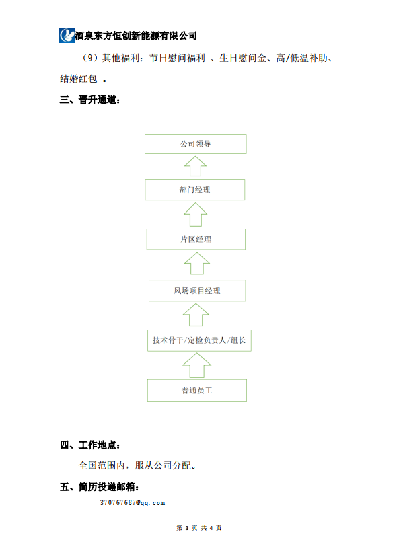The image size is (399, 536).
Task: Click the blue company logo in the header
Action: tap(67, 35)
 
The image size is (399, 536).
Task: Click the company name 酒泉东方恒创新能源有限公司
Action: tap(136, 36)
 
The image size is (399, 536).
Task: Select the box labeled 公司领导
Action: tap(196, 144)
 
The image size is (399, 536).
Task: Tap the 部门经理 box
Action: tap(195, 190)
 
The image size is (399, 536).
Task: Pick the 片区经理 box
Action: tap(196, 239)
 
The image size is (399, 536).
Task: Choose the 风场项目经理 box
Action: tap(197, 291)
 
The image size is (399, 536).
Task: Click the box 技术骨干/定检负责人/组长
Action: tap(199, 340)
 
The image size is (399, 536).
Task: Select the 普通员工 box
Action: tap(197, 391)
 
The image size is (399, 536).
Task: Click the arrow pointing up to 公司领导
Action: tap(195, 167)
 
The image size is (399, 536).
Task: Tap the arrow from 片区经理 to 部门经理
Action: tap(196, 215)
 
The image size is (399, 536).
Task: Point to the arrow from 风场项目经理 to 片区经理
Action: tap(197, 264)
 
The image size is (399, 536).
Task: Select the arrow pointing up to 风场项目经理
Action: tap(196, 315)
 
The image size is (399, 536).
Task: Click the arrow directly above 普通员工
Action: tap(197, 366)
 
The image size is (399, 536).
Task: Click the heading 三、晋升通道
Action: tap(90, 100)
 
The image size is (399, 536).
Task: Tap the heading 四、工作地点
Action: tap(90, 445)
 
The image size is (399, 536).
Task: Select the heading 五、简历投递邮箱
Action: tap(100, 486)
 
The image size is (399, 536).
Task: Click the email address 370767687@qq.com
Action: tap(133, 503)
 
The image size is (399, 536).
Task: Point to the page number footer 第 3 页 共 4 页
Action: tap(199, 528)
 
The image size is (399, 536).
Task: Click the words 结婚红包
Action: tap(79, 79)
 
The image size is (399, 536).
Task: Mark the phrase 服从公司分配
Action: tap(163, 465)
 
